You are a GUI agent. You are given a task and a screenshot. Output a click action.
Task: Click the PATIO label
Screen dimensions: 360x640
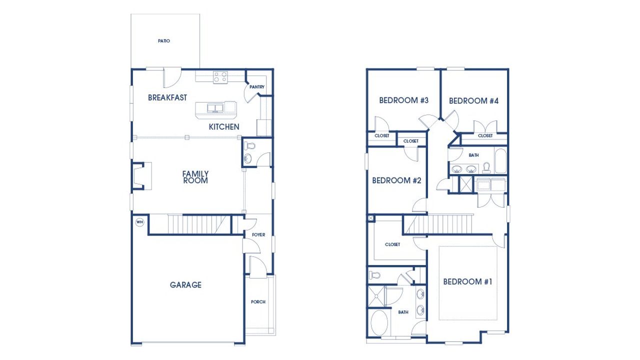pos(163,41)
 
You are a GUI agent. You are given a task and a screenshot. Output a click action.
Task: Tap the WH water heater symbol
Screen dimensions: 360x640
pos(139,221)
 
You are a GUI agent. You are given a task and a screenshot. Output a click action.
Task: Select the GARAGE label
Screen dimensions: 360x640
pos(185,285)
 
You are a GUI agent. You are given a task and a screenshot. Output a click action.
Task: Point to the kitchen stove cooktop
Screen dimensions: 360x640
pos(220,77)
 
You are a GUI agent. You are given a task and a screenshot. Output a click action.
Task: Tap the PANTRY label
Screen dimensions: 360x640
pos(257,87)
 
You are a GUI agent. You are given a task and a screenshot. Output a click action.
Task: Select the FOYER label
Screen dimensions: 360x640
pos(258,234)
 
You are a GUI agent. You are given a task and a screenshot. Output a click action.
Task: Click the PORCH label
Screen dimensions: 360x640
pos(258,302)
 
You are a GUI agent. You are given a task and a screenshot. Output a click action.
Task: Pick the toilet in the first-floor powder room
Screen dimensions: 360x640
pos(250,146)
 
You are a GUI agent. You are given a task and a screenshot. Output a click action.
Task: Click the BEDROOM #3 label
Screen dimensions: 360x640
pos(404,100)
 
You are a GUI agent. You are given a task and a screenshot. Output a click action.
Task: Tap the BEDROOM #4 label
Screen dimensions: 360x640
pos(474,101)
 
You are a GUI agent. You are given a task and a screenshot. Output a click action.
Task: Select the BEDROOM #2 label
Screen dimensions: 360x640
pos(396,180)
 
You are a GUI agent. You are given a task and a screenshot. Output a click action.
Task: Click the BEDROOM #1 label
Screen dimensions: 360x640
pos(467,282)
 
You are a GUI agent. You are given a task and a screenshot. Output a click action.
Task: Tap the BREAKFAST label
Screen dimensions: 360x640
pos(167,98)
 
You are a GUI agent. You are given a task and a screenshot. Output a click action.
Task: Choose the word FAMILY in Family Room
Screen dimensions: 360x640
pos(195,173)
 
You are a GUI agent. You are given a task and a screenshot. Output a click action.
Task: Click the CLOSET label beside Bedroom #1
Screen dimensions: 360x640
pos(392,244)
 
